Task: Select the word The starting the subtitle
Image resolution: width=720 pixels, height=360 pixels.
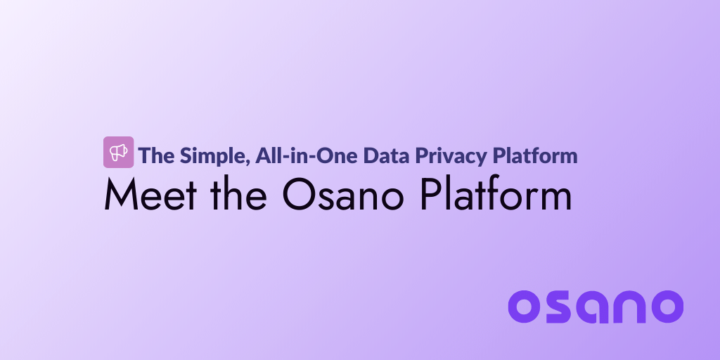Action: [x=155, y=155]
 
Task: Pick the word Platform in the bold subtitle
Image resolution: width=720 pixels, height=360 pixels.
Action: [x=536, y=155]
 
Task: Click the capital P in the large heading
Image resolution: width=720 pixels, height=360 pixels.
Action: [x=430, y=195]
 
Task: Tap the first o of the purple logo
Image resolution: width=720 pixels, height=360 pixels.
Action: [x=525, y=307]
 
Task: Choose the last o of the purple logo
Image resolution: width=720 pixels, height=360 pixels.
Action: [x=666, y=307]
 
